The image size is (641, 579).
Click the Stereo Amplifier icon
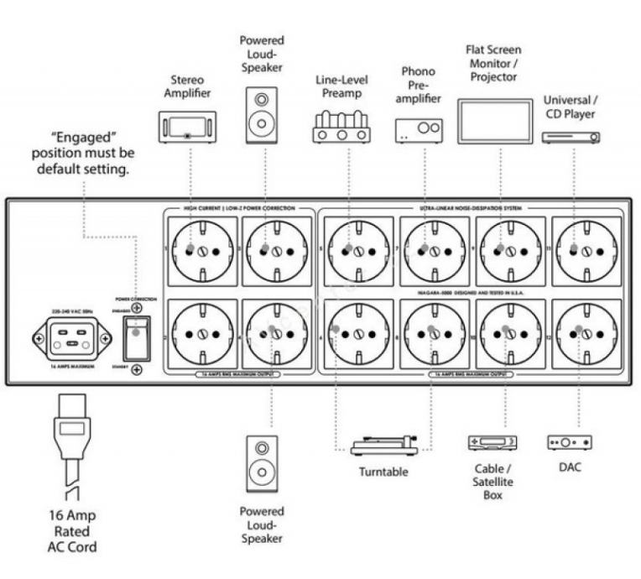tap(187, 125)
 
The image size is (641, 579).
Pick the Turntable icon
tap(383, 445)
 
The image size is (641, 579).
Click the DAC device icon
tap(570, 442)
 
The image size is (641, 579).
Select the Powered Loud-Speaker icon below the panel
tap(263, 464)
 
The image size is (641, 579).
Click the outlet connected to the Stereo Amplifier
tap(201, 250)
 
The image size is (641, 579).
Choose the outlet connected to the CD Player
tap(585, 250)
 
